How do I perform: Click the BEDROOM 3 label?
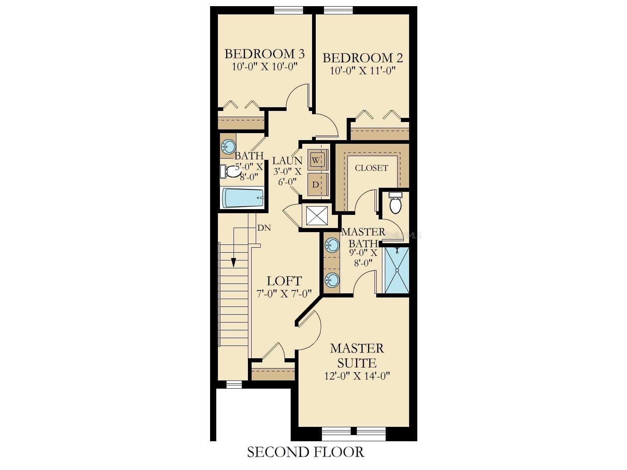pyautogui.click(x=264, y=54)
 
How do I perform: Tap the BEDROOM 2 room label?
pyautogui.click(x=363, y=58)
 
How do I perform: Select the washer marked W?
pyautogui.click(x=316, y=160)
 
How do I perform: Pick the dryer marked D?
pyautogui.click(x=316, y=184)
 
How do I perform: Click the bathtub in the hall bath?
pyautogui.click(x=243, y=198)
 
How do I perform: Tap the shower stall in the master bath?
pyautogui.click(x=397, y=270)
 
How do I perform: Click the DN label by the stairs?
pyautogui.click(x=264, y=228)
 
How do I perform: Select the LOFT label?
pyautogui.click(x=284, y=281)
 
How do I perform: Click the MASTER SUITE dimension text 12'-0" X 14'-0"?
pyautogui.click(x=357, y=376)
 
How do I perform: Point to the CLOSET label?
pyautogui.click(x=371, y=168)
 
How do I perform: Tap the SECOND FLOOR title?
pyautogui.click(x=305, y=452)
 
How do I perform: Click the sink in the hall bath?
pyautogui.click(x=229, y=147)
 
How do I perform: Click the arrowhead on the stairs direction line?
pyautogui.click(x=234, y=262)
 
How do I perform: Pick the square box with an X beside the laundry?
pyautogui.click(x=317, y=215)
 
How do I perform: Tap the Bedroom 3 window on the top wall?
pyautogui.click(x=289, y=11)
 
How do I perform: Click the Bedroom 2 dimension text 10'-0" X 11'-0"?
pyautogui.click(x=363, y=71)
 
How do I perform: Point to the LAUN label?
pyautogui.click(x=287, y=161)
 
